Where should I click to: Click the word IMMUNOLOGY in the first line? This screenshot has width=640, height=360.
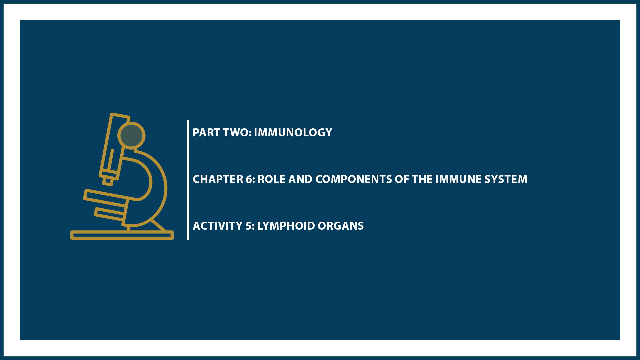(x=293, y=133)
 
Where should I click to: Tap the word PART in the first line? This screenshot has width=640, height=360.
(x=206, y=133)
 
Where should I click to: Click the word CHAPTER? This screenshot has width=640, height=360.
(x=218, y=179)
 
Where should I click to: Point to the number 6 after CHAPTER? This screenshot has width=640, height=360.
(x=249, y=179)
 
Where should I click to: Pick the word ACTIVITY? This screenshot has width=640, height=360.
(x=217, y=226)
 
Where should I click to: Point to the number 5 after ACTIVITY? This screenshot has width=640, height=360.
(x=249, y=226)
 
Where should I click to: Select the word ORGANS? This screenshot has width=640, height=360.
(x=341, y=226)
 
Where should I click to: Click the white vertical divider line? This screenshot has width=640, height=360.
(x=188, y=180)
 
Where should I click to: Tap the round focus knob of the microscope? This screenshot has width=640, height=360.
(x=131, y=135)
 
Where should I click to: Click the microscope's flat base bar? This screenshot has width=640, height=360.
(x=122, y=235)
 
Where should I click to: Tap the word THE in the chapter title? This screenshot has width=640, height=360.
(x=422, y=179)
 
